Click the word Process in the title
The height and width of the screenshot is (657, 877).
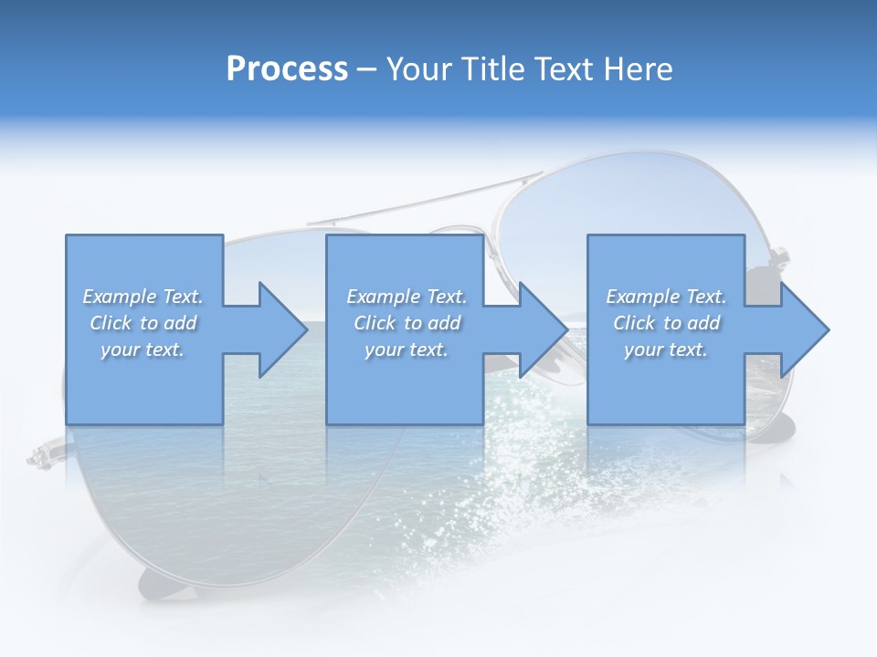287,68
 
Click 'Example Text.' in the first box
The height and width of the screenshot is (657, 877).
143,297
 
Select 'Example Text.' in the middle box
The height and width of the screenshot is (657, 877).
407,297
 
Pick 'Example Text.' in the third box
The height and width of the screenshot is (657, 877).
666,297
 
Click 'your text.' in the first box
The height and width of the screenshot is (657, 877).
143,349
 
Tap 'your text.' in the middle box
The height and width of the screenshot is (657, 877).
407,349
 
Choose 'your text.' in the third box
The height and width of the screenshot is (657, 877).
666,349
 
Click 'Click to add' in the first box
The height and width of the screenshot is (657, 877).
143,323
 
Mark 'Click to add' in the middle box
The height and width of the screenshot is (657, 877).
407,323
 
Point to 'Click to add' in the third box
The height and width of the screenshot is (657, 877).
666,323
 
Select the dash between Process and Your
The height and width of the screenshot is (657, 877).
367,69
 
